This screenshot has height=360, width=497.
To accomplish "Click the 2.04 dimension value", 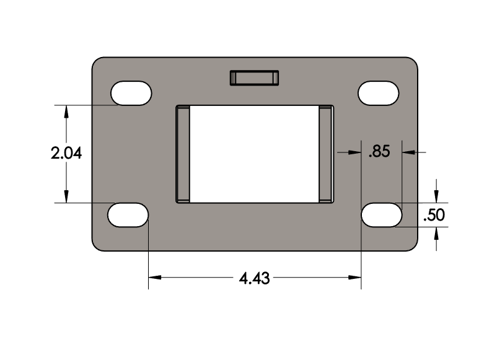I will [66, 154].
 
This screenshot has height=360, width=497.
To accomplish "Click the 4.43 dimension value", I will [254, 278].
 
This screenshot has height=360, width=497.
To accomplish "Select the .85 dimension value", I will [379, 151].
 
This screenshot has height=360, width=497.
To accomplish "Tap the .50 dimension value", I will [433, 215].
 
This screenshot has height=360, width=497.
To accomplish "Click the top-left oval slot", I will [131, 93].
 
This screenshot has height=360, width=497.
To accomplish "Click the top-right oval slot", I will [379, 93].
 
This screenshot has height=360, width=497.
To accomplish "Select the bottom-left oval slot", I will [128, 215].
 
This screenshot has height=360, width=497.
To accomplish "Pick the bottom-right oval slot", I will [381, 215].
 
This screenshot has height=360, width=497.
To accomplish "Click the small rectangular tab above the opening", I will [254, 77].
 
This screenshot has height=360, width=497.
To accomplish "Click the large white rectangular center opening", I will [254, 153].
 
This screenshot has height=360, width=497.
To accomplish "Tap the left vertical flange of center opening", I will [183, 153].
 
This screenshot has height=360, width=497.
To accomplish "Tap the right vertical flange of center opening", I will [326, 153].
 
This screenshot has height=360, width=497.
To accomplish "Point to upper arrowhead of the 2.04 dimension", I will [66, 110].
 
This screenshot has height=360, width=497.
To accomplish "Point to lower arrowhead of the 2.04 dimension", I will [66, 198].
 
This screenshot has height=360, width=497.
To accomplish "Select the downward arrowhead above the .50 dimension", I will [438, 198].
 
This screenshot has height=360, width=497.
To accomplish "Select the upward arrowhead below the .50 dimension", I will [438, 232].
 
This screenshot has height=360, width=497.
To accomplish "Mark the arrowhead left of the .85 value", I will [355, 151].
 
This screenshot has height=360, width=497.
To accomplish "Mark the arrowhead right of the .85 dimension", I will [408, 151].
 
